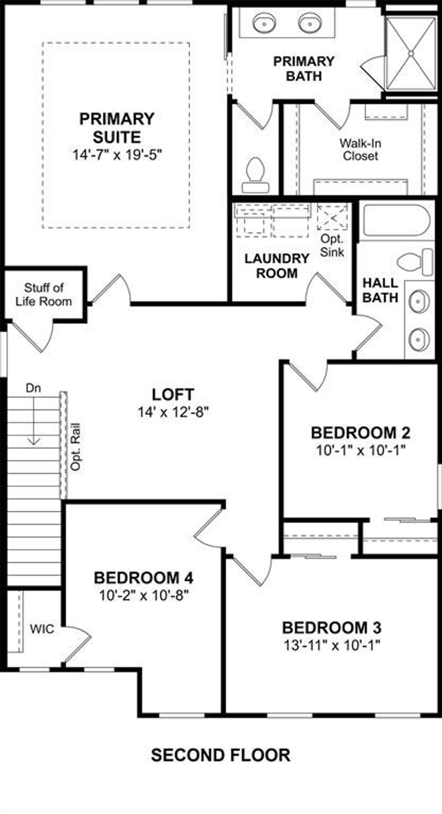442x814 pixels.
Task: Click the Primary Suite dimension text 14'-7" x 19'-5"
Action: pyautogui.click(x=117, y=155)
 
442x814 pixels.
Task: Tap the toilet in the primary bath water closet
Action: pyautogui.click(x=256, y=174)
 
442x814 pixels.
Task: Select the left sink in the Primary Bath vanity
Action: pyautogui.click(x=265, y=24)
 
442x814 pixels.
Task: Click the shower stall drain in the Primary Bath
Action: pyautogui.click(x=411, y=54)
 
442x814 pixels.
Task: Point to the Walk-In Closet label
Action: pyautogui.click(x=360, y=150)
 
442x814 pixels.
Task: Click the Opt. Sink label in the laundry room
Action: pyautogui.click(x=332, y=246)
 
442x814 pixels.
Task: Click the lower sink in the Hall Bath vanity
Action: pyautogui.click(x=419, y=339)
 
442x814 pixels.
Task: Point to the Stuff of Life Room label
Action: pyautogui.click(x=44, y=295)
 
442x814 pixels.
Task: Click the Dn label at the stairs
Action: pyautogui.click(x=33, y=388)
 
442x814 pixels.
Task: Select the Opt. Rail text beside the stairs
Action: pyautogui.click(x=75, y=447)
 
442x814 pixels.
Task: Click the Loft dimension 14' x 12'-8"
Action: pyautogui.click(x=173, y=412)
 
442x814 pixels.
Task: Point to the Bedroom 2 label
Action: pyautogui.click(x=361, y=433)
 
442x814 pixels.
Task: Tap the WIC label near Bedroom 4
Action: pyautogui.click(x=42, y=629)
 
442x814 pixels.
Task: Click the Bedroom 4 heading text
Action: pyautogui.click(x=143, y=578)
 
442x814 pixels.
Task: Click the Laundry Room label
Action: pyautogui.click(x=277, y=266)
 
